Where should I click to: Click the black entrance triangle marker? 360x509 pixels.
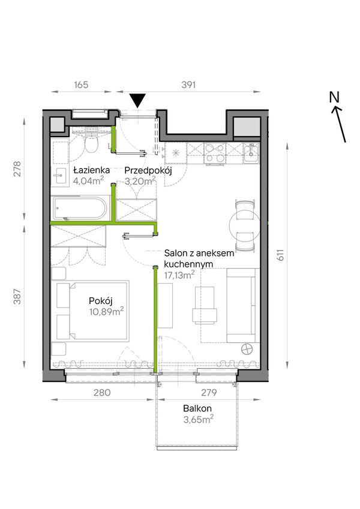point(139,101)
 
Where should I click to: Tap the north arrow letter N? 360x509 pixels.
point(334,97)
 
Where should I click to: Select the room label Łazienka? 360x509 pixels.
point(91,170)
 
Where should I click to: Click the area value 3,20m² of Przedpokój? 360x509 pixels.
point(140,180)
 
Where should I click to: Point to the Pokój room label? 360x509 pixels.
point(101,301)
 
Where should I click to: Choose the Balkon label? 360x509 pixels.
point(197,408)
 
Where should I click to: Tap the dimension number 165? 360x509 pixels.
point(81,85)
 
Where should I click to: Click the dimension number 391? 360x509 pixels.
point(188,85)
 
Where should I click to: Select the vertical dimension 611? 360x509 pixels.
point(281,254)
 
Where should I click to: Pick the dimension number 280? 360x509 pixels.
point(102,393)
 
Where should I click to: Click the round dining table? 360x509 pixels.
point(245,225)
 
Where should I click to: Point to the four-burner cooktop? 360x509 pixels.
point(215,153)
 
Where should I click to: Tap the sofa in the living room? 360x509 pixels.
point(243,306)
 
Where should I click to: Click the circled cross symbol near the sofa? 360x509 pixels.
point(247,350)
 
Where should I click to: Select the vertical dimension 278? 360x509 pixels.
point(17,169)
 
